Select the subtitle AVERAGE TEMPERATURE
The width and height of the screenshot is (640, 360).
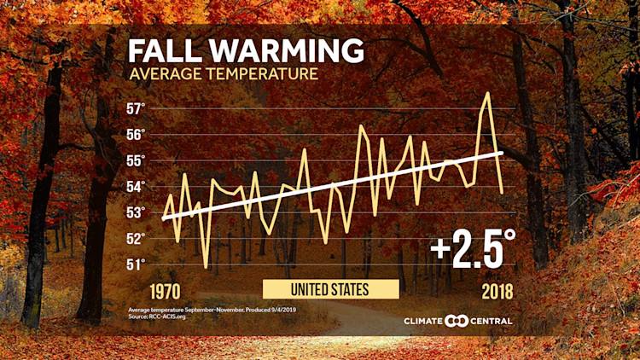point(224,74)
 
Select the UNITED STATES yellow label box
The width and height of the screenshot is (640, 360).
point(329,290)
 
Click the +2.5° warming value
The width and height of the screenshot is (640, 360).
point(474,248)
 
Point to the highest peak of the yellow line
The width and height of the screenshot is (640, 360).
point(487,93)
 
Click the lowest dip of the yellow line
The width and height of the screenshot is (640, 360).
point(206,268)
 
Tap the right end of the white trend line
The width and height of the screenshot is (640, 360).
point(502,153)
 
